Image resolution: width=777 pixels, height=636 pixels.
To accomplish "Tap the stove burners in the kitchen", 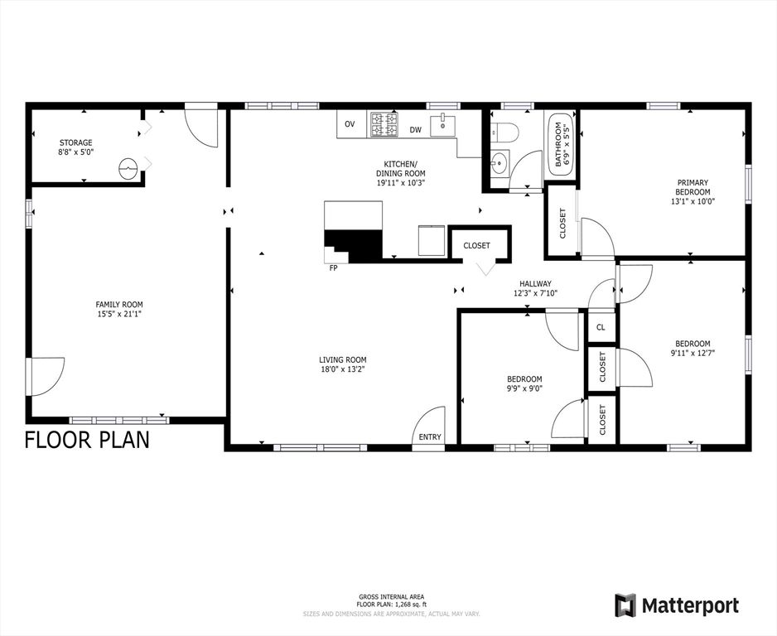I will coord(383,124).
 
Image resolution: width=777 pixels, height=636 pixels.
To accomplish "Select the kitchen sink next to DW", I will coord(442,124).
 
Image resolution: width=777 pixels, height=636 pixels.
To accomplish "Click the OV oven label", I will coord(350,124).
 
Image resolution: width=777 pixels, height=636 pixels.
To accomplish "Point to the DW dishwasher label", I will coord(415,130).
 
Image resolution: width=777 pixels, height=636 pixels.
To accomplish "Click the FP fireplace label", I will coord(333,267).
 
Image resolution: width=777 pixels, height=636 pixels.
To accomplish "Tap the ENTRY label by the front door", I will coord(430,437).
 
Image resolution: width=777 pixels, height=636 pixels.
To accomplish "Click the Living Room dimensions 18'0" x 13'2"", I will coord(343,369).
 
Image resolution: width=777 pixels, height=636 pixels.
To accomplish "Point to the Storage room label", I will coord(75,142).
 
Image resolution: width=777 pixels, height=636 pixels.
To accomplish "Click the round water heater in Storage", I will coord(128,168).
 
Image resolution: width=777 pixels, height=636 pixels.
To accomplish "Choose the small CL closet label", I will coord(601,327).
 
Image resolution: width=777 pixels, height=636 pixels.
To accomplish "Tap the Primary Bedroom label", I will coord(693,187).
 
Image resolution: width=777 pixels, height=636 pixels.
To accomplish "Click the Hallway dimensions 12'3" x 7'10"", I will coord(535,293).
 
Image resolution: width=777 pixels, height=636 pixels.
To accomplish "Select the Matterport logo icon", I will coord(625,605).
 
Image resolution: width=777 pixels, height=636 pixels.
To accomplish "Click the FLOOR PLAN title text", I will coord(87,440).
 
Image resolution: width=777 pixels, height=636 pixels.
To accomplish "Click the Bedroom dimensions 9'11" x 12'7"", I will coord(692,353).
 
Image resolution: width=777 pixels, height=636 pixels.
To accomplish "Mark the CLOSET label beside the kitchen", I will coord(476,245).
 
